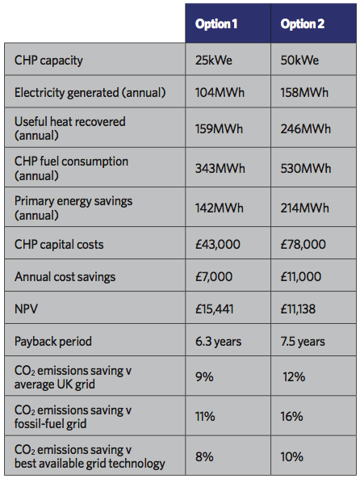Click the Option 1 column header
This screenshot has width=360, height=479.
coord(216,23)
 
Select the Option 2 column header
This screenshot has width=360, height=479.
coord(303,23)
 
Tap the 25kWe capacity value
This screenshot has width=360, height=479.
coord(214,60)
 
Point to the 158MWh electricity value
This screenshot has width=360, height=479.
coord(304,92)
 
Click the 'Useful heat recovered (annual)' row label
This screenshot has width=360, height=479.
coord(70,128)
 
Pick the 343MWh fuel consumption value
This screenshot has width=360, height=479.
coord(220,168)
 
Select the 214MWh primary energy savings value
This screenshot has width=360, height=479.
coord(305,208)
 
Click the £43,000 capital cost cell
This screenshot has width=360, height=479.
coord(218,245)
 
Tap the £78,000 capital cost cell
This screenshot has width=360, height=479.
coord(303,245)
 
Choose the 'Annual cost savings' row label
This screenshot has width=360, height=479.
coord(65,277)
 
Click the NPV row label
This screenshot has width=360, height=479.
coord(26,309)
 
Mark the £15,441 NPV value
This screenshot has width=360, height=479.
coord(215,309)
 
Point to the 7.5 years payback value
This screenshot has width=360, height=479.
coord(303,342)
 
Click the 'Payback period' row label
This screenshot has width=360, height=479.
coord(53,342)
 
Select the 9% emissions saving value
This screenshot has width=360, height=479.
coord(204,376)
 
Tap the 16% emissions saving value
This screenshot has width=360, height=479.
coord(291,416)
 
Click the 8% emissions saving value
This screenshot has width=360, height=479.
coord(204,456)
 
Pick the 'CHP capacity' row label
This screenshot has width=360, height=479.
coord(48,61)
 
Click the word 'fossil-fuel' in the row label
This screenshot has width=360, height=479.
coord(40,424)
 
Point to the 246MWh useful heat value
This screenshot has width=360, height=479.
coord(306,128)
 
